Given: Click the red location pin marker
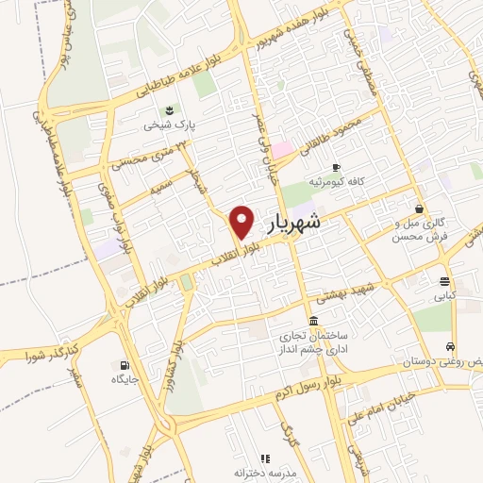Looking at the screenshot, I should click(x=242, y=222).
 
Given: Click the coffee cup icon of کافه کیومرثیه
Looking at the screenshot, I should click(x=314, y=179).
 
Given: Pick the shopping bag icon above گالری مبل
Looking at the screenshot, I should click(x=418, y=209).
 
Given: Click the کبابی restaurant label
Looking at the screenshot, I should click(x=443, y=295).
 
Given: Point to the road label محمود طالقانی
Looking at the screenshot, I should click(x=341, y=133).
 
